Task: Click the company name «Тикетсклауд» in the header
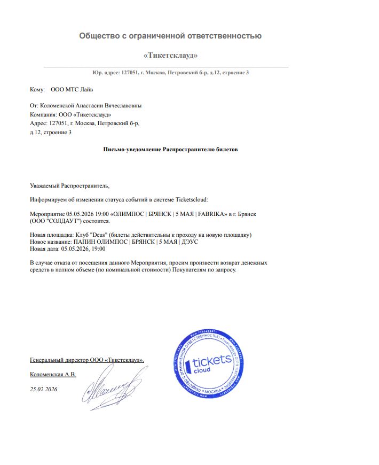coord(171,56)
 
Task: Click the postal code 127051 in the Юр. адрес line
coord(130,72)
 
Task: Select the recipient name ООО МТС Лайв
coord(75,90)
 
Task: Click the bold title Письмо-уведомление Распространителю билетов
coord(170,149)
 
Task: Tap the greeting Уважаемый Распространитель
coord(69,185)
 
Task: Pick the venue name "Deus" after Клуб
coord(98,235)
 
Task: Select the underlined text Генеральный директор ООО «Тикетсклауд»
coord(87,360)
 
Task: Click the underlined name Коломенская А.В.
coord(53,374)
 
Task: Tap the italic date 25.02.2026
coord(43,389)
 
